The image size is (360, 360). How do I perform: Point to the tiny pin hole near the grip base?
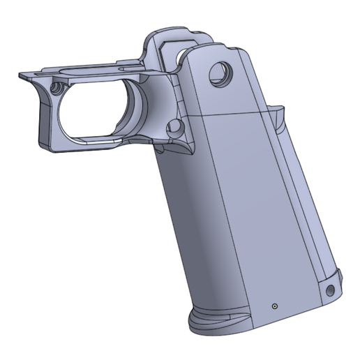point(274,306)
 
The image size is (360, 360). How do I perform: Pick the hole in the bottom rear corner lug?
point(331,287)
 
